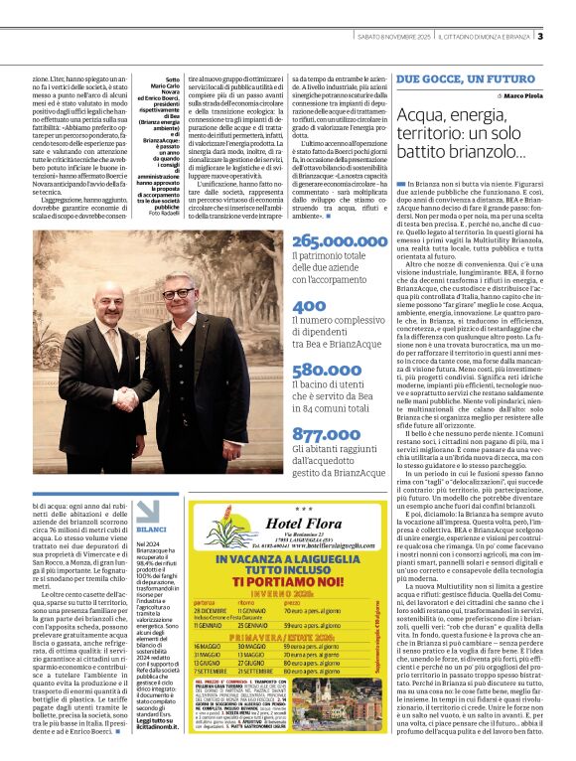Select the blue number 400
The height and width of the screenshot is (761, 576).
pos(309,306)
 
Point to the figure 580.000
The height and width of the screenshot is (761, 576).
pos(327,369)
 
